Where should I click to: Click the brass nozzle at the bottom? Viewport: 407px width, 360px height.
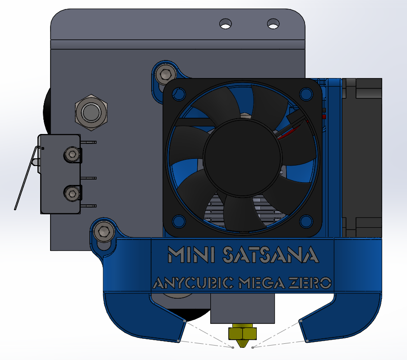pos(242,335)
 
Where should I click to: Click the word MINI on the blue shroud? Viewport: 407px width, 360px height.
pos(191,254)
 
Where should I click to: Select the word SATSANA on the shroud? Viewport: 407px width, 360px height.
pos(271,254)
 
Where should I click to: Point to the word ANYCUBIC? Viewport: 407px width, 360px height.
pos(194,283)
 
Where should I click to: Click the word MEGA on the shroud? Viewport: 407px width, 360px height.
pos(262,283)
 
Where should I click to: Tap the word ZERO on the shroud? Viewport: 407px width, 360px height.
pos(310,283)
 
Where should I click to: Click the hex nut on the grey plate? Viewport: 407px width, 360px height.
pos(91,112)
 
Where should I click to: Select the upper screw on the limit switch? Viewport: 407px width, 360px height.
pos(72,155)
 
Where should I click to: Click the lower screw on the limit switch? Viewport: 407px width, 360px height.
pos(72,193)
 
